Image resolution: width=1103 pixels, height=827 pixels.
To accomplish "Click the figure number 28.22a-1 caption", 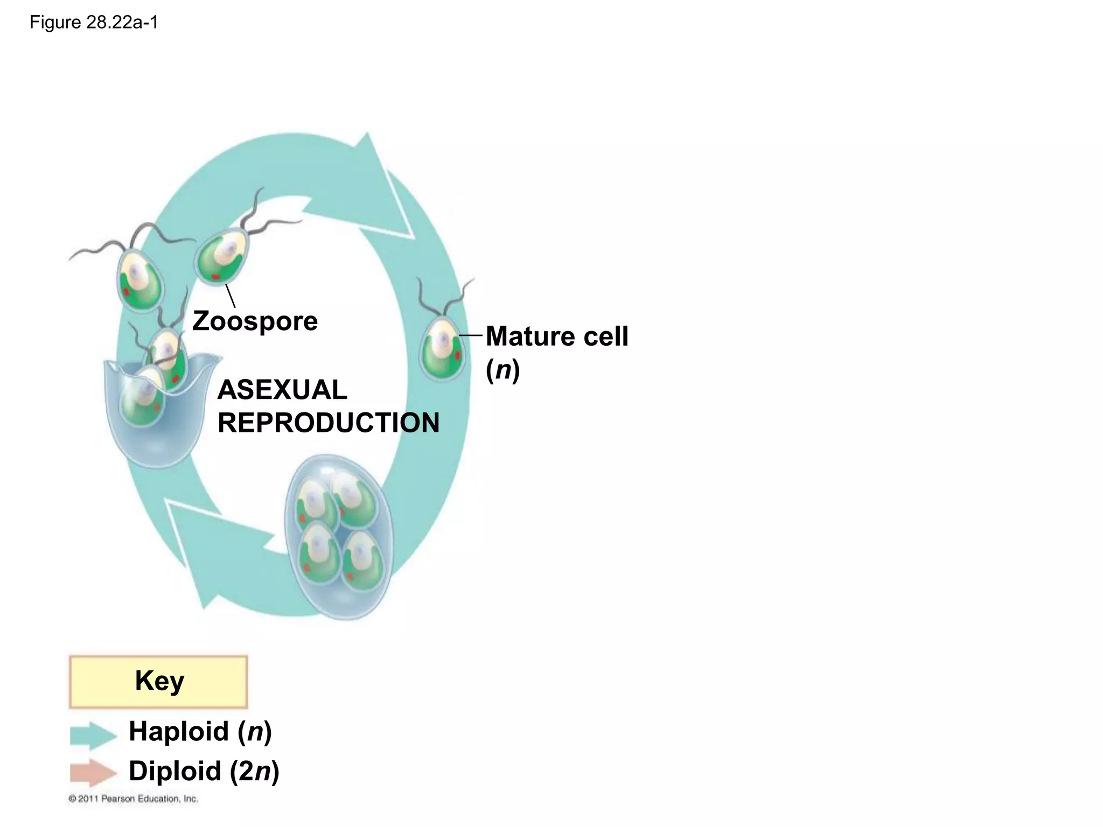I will coord(94,23).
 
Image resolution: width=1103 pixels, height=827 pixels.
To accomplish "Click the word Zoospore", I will coord(255,321).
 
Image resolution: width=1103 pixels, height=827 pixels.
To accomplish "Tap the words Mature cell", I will coord(556,337).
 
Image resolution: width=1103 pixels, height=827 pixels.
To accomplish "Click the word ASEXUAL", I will coord(282,390).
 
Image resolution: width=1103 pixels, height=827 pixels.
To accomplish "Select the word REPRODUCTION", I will coord(329,423).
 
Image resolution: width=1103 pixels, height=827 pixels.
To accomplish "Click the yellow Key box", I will coord(158,682).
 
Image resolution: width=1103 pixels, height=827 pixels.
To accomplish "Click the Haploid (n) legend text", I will coord(200,732).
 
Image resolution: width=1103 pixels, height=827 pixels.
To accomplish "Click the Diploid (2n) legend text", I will coord(204,771).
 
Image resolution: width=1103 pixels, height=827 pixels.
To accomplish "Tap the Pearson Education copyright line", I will coord(134,799).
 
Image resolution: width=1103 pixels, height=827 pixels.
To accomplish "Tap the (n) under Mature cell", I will coord(502,370).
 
